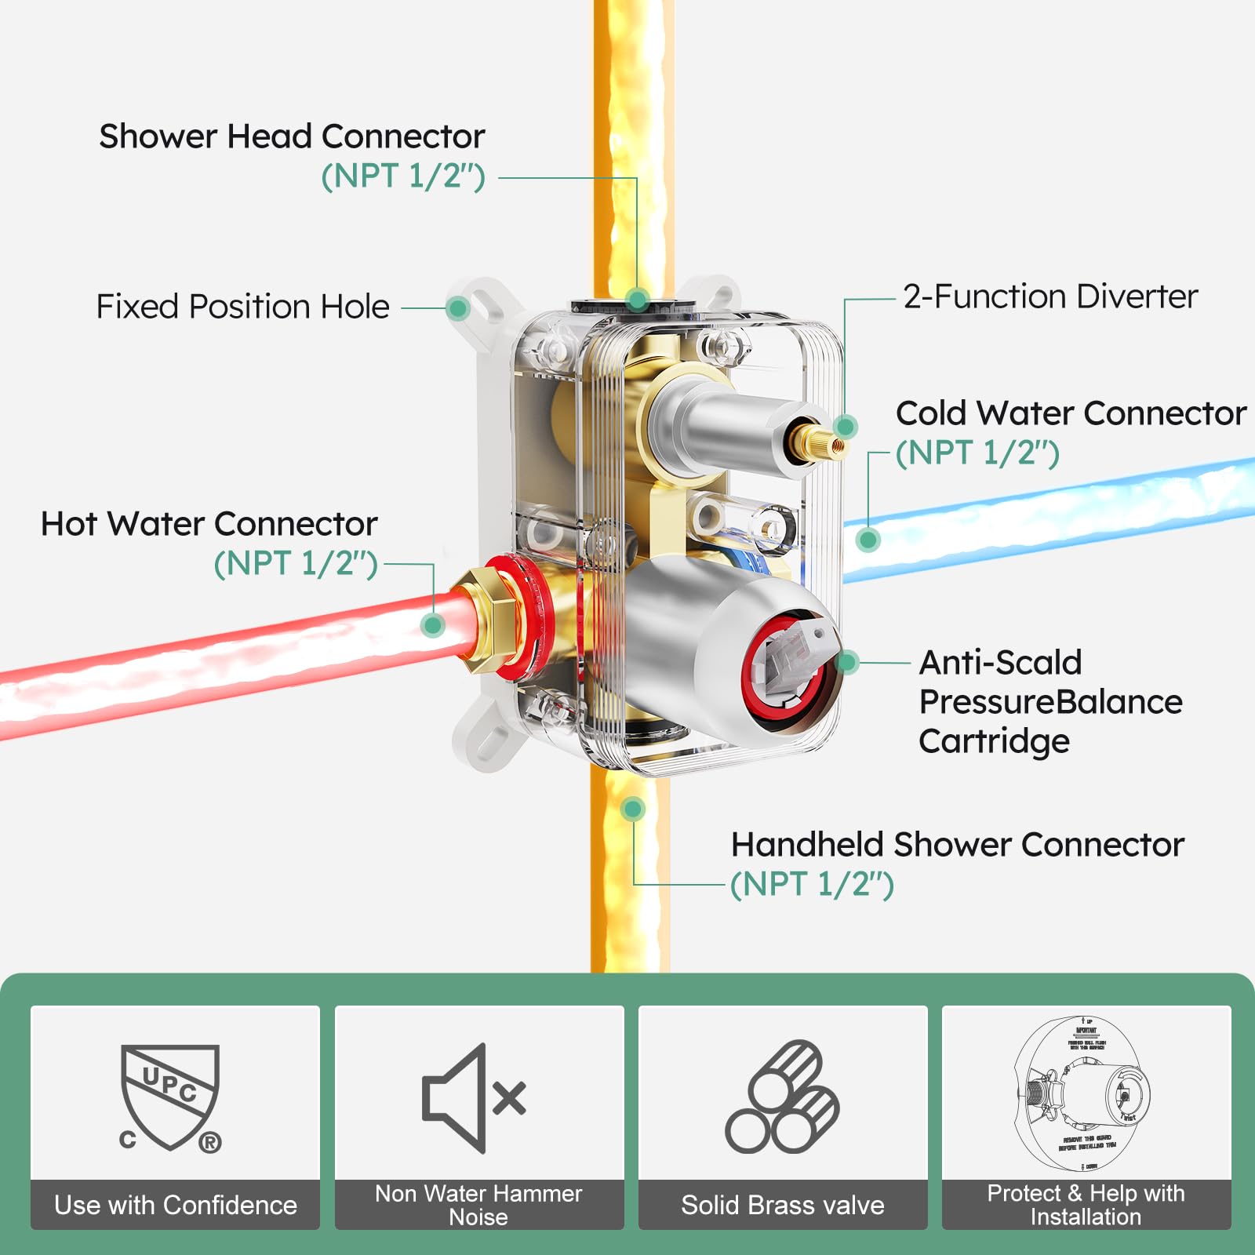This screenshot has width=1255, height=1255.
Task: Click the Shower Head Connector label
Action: coord(292,137)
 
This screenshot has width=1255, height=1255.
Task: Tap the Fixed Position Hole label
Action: coord(242,307)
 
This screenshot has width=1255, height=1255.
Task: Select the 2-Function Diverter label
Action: coord(1050,296)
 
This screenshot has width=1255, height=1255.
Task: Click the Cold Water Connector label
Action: coord(1071,413)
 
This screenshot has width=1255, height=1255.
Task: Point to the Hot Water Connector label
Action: coord(209,524)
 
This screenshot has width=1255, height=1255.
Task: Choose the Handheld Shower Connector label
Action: coord(957,845)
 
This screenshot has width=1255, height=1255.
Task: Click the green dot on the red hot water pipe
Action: coord(432,625)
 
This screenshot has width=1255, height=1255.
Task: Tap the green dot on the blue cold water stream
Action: coord(868,540)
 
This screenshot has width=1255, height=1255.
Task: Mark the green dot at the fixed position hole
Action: coord(458,308)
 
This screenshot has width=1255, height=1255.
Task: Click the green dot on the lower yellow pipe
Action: coord(632,809)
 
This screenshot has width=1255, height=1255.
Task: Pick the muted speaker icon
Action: coord(474,1098)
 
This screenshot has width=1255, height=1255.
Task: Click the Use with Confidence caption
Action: coord(176,1205)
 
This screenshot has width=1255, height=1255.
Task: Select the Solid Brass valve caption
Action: coord(783,1205)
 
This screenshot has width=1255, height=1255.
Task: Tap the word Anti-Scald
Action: coord(1000,663)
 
